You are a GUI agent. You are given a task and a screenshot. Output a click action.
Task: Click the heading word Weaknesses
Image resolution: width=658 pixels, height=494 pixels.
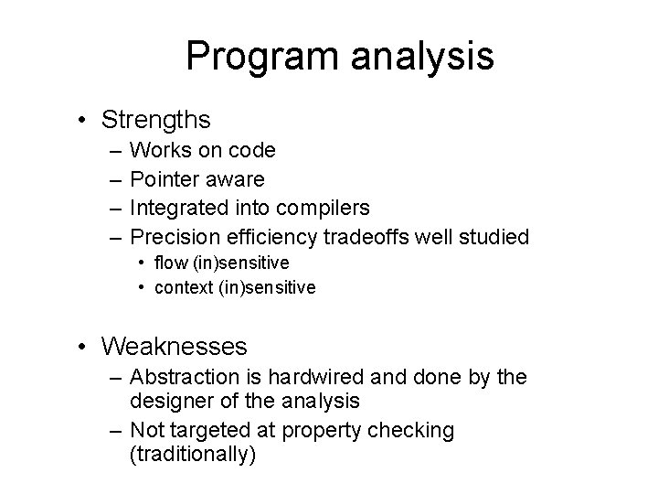point(175,346)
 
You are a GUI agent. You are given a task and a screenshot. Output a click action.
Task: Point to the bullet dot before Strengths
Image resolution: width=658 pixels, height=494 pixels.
point(83,120)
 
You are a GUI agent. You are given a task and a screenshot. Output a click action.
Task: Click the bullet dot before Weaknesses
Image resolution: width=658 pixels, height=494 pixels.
point(83,347)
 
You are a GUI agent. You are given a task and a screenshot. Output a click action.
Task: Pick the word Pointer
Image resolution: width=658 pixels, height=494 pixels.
point(163,179)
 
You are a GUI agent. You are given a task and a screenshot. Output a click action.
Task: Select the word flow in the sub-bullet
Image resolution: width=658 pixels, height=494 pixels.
point(170,263)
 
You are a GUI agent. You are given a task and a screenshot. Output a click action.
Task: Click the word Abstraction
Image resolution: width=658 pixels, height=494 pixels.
point(181,377)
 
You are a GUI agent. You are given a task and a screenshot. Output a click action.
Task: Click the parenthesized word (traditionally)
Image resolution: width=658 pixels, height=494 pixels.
point(193,455)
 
